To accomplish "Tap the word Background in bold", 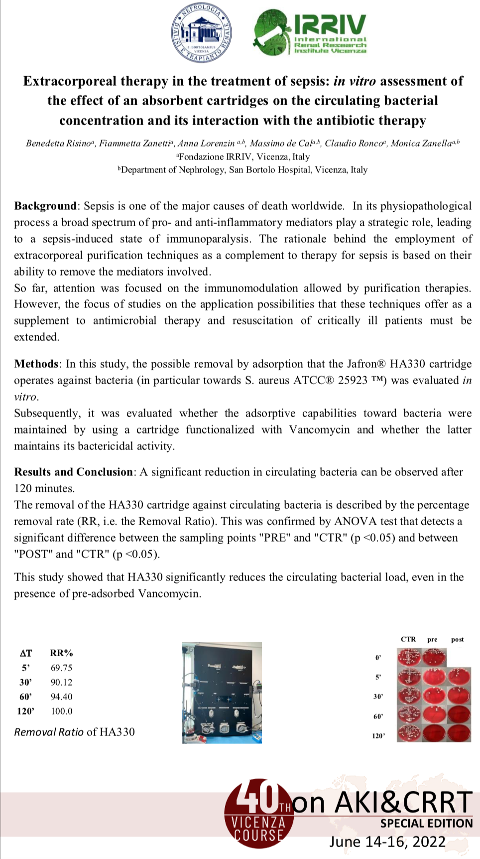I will (45, 206).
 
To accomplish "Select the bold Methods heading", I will (36, 364).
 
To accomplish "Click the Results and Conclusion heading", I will (74, 472).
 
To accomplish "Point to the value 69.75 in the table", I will (61, 668).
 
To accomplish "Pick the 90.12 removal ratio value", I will (61, 682).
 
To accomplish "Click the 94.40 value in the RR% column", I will (61, 697).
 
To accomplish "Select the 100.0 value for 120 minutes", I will (61, 711).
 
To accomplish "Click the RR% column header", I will (61, 653).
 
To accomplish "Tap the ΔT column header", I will (26, 653).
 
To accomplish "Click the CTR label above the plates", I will (408, 639).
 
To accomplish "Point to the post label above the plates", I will (457, 639).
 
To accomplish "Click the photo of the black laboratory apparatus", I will (222, 693).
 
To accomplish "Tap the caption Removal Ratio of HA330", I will (74, 732).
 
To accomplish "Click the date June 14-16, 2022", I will (387, 842).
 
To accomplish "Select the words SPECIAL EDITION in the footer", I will (426, 824).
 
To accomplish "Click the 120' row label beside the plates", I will (378, 736).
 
